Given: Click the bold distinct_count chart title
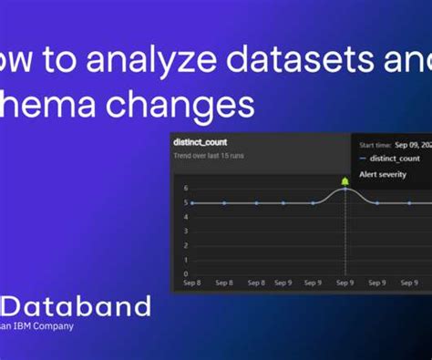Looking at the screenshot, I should point(201,142).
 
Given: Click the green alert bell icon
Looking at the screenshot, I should point(345,182).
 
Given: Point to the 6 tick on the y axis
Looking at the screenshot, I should point(185,189).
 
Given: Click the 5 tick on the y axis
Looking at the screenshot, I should point(185,202).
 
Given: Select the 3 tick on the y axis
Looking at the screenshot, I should point(185,231).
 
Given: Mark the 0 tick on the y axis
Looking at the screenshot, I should point(185,273).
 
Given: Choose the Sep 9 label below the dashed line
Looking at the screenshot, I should point(345,284).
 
